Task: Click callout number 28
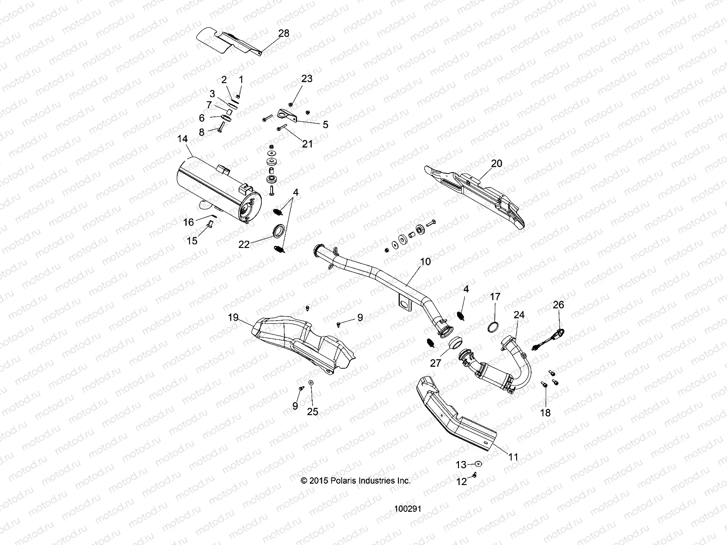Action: [x=284, y=34]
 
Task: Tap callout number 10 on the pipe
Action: [x=425, y=262]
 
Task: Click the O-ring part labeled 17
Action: [x=494, y=327]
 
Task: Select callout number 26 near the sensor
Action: [x=558, y=305]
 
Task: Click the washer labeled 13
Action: [x=478, y=464]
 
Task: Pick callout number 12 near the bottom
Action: [x=461, y=481]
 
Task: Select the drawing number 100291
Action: [x=408, y=509]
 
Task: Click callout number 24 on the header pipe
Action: [x=519, y=314]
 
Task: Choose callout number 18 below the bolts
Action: [x=545, y=412]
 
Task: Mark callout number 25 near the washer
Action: [x=313, y=412]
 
